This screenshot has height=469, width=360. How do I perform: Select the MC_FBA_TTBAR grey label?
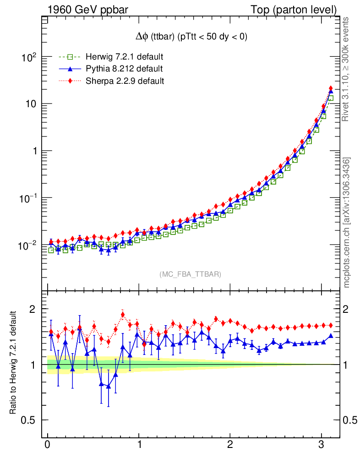tap(191, 274)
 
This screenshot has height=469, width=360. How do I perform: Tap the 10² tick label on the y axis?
tap(28, 57)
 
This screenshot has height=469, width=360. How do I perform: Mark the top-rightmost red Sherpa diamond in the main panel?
tap(331, 88)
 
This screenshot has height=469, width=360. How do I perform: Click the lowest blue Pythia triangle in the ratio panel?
tap(109, 386)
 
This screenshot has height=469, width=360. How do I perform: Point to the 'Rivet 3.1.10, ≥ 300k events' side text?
tap(346, 69)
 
